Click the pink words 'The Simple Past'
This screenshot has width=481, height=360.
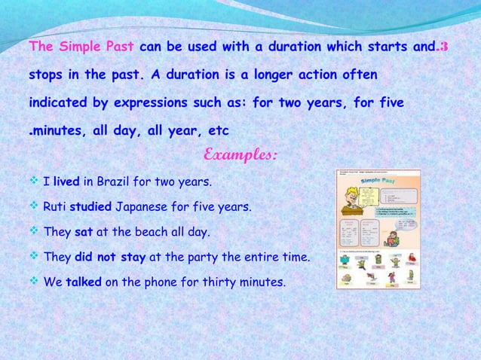point(81,47)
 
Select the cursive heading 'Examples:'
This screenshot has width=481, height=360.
point(240,155)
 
